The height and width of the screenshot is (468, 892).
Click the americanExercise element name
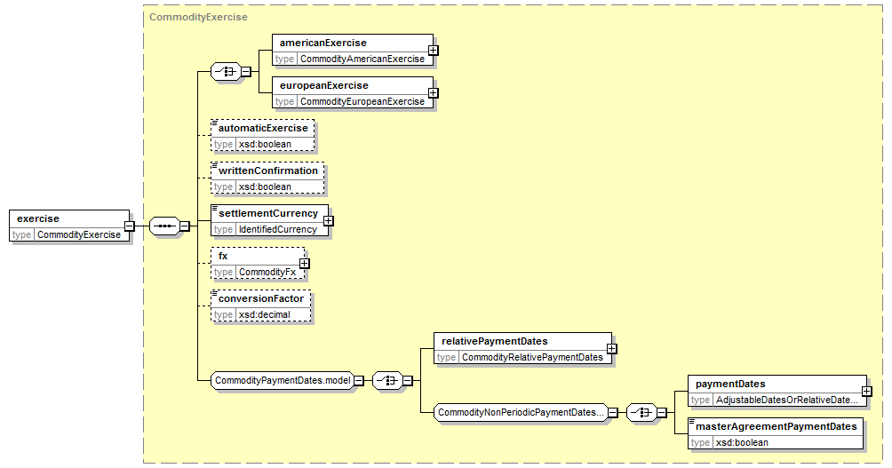click(x=323, y=43)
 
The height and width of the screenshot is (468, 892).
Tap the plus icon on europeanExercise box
click(x=434, y=92)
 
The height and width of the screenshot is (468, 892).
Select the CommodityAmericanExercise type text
click(x=362, y=59)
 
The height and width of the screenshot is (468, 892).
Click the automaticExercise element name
click(x=263, y=128)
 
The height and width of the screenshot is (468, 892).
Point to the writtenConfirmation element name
click(x=268, y=171)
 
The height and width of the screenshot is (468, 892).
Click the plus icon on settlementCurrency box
click(x=329, y=220)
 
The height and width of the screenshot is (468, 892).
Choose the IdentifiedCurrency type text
click(x=278, y=229)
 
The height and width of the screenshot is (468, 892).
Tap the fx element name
click(x=223, y=256)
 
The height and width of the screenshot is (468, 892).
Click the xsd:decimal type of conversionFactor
click(x=265, y=314)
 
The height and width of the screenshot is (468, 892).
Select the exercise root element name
click(x=38, y=218)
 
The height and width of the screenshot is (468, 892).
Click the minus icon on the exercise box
click(x=130, y=226)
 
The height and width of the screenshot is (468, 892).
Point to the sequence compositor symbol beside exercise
click(x=164, y=226)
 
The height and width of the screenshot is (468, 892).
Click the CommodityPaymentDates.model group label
click(x=283, y=380)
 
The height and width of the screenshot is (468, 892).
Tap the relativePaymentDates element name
click(x=495, y=341)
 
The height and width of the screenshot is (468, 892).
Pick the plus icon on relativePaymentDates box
click(x=612, y=349)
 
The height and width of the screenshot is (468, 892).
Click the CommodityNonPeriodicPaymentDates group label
click(x=521, y=412)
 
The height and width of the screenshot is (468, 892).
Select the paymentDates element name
click(x=730, y=384)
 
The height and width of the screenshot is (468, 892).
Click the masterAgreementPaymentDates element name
click(x=777, y=426)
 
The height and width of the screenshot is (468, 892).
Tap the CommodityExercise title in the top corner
click(x=198, y=17)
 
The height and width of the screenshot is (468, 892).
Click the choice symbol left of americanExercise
click(x=226, y=72)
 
